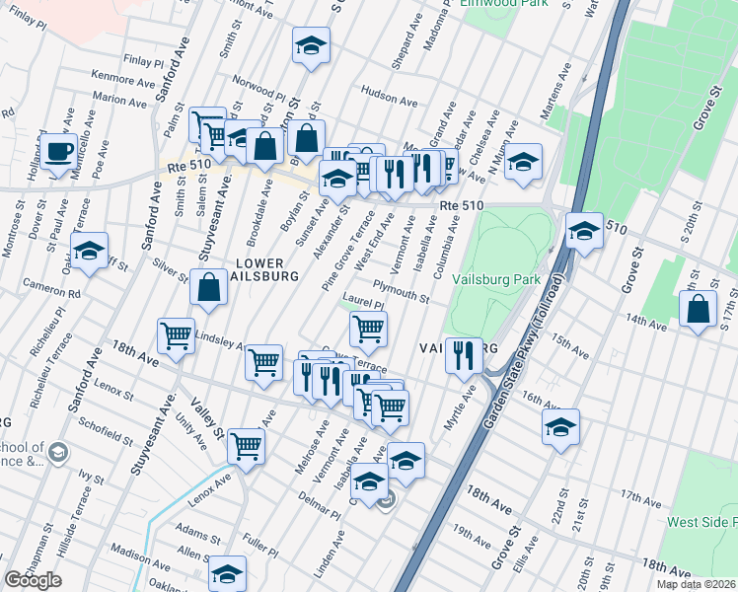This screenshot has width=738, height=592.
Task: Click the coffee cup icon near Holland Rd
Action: [59, 151]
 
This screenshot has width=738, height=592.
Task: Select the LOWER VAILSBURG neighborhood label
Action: [259, 269]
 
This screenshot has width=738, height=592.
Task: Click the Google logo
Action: [33, 580]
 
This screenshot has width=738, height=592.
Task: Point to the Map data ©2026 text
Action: [696, 584]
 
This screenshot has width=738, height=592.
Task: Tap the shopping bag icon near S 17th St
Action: [699, 309]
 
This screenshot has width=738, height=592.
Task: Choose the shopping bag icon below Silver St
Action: [209, 288]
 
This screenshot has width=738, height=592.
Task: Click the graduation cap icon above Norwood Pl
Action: [311, 45]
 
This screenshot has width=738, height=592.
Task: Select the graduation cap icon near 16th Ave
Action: [560, 427]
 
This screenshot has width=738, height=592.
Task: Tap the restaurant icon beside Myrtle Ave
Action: [463, 354]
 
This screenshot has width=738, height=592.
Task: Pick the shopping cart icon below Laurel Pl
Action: [368, 330]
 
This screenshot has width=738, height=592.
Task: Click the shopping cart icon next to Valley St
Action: [246, 445]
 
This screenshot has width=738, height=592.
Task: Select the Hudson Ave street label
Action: [384, 94]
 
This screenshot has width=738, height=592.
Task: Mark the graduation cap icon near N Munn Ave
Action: [523, 161]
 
